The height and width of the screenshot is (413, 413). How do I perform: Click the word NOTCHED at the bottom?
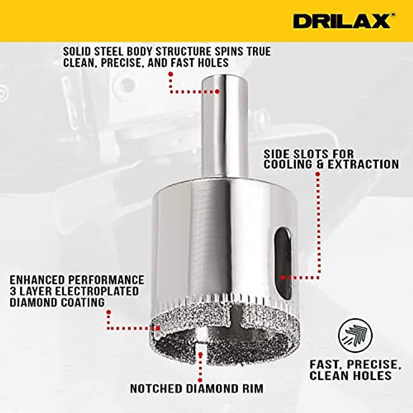coord(156,388)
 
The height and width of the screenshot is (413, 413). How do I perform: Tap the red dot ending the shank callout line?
coord(217,91)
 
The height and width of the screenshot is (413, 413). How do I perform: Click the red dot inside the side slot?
coord(283,277)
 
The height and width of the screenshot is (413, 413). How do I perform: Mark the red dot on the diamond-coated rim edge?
coord(158,328)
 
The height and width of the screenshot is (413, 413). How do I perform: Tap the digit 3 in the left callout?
coord(13,291)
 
